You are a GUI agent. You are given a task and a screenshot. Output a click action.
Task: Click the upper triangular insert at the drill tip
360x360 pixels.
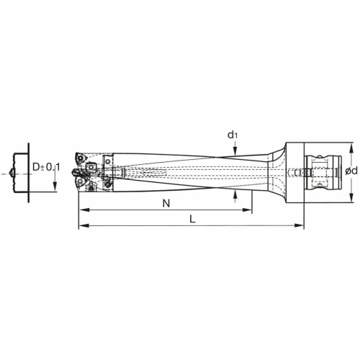click(x=80, y=160)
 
